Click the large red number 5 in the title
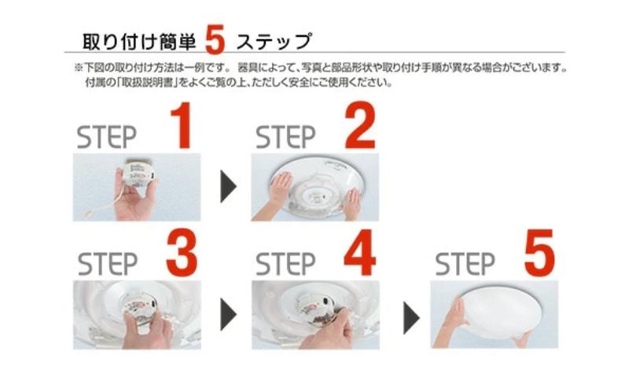(215, 40)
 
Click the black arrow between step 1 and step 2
(228, 188)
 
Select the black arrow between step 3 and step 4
(228, 315)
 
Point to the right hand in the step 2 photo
(351, 203)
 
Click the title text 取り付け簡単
(138, 40)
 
